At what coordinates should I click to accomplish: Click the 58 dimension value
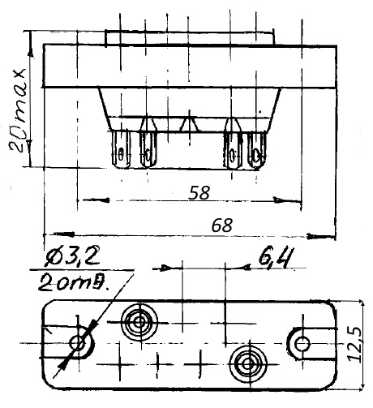(199, 192)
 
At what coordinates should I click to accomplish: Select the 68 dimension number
(222, 225)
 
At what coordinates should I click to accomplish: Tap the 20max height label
(18, 110)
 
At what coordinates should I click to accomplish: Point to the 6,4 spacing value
(276, 258)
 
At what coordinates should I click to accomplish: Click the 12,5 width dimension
(354, 344)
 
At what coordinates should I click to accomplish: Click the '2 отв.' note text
(74, 282)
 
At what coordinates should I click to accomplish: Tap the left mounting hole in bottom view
(78, 343)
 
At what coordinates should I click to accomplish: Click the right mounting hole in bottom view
(302, 344)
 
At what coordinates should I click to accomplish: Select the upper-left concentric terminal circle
(139, 322)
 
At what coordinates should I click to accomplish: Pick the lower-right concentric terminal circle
(248, 364)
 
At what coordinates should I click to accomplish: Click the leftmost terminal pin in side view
(122, 149)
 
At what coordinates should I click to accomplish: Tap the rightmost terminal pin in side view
(257, 150)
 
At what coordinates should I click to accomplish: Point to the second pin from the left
(148, 149)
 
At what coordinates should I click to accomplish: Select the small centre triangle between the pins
(190, 124)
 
